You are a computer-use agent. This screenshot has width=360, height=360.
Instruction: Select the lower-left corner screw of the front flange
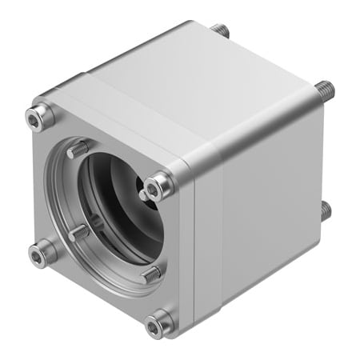41,254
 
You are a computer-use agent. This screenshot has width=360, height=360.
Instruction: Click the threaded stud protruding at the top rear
220,30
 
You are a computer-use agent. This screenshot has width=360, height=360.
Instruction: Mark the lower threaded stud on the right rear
325,210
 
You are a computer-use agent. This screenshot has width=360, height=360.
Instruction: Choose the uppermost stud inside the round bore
77,149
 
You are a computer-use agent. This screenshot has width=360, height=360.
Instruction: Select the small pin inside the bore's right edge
142,194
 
